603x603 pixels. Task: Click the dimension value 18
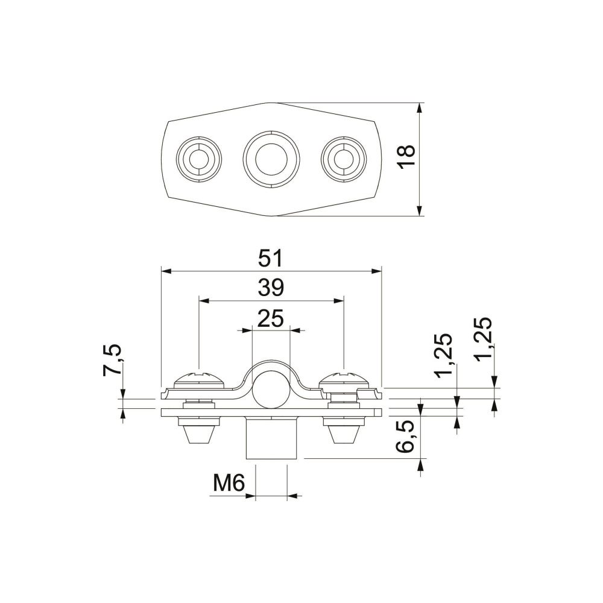pos(406,157)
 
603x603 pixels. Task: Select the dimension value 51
pos(271,259)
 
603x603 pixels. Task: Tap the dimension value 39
pos(271,288)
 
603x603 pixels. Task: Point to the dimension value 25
pos(271,318)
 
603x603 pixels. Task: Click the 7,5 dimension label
pos(112,360)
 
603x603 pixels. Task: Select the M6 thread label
pos(229,484)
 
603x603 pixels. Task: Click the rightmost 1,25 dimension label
pos(482,339)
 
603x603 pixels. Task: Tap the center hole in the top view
pos(271,159)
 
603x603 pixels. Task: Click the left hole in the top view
pos(199,159)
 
